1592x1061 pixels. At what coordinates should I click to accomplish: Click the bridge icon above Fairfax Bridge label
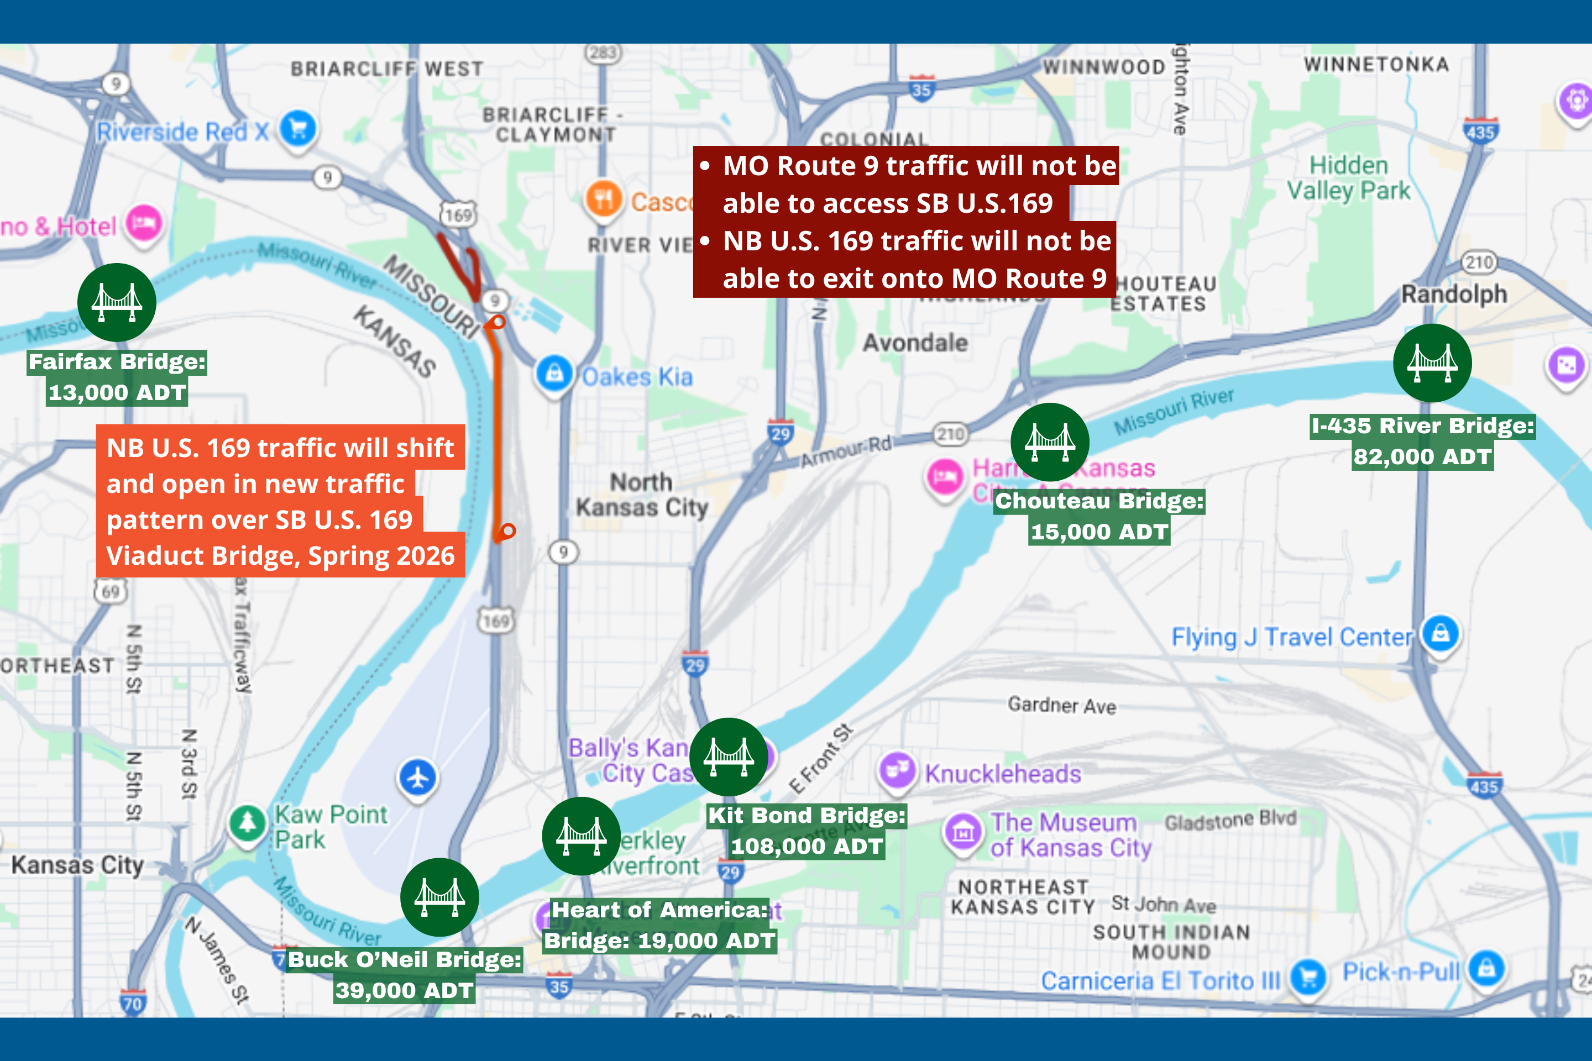(x=117, y=302)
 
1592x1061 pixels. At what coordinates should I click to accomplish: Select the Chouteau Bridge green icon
(x=1049, y=442)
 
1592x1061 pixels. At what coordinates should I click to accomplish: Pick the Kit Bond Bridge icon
(x=729, y=757)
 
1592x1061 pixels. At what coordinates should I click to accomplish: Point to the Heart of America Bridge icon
(x=581, y=836)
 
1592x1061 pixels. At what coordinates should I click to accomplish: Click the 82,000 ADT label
(x=1422, y=457)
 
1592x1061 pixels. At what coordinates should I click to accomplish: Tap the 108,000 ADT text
(x=807, y=846)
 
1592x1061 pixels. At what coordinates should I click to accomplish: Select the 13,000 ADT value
(x=117, y=392)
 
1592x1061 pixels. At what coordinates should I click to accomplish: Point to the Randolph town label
(x=1454, y=295)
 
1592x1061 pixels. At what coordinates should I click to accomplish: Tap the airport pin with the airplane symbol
(x=418, y=778)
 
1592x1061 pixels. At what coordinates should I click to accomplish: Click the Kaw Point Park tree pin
(x=247, y=822)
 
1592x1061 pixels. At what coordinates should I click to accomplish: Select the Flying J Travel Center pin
(x=1441, y=633)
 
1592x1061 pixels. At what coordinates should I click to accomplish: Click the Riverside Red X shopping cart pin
(x=298, y=127)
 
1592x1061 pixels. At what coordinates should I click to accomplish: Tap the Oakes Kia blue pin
(x=554, y=373)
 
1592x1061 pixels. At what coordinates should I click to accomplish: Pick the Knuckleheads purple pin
(x=897, y=769)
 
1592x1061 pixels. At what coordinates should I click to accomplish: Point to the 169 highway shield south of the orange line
(x=496, y=621)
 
